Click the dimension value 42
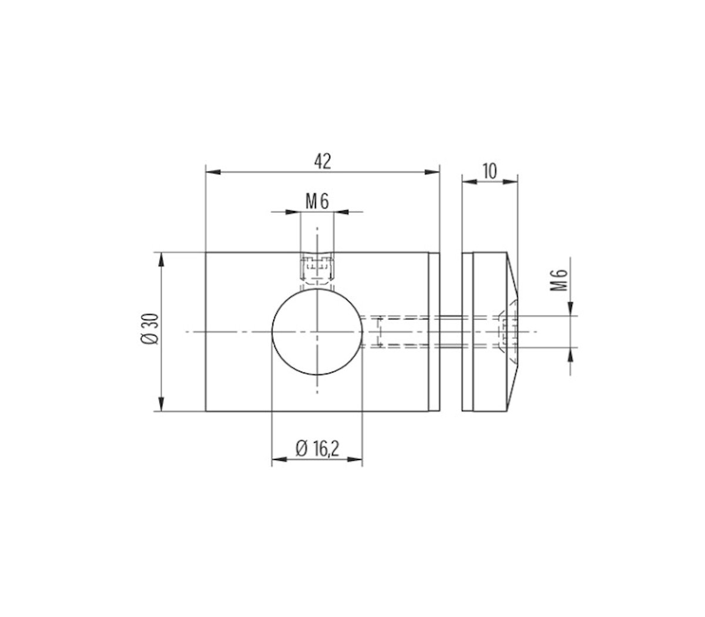(x=323, y=162)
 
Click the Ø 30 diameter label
(x=150, y=332)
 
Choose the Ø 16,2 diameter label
(x=317, y=450)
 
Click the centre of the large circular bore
(x=317, y=332)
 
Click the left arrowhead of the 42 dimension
(x=212, y=172)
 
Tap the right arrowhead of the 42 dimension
(x=433, y=172)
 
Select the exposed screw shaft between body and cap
(x=451, y=332)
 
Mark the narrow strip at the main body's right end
(x=434, y=332)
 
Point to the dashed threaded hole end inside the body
(x=379, y=332)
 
